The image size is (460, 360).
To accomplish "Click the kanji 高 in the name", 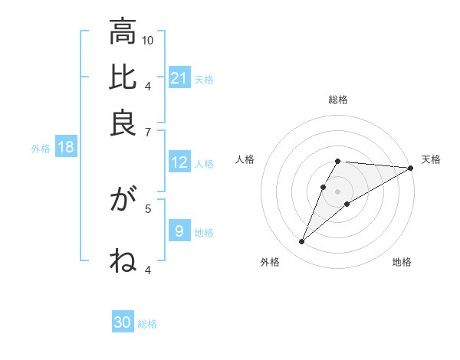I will [x=123, y=32].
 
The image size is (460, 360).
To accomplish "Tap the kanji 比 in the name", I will [x=123, y=78].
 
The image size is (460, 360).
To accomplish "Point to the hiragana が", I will [x=123, y=201].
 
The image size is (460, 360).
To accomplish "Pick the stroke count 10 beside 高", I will [x=148, y=40].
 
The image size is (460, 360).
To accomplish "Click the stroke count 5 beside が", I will [x=148, y=208].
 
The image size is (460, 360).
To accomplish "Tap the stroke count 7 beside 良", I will [x=148, y=133].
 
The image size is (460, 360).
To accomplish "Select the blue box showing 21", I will [x=179, y=78].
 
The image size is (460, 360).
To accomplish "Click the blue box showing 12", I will [x=179, y=162].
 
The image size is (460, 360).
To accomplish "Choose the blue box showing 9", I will [x=179, y=231].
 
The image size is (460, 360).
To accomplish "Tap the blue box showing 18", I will [x=66, y=147].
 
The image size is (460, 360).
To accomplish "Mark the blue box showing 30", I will [x=123, y=323].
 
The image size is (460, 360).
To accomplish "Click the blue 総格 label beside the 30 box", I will [x=147, y=324].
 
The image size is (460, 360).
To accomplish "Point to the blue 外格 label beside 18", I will [x=40, y=148].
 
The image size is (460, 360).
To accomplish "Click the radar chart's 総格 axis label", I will [x=338, y=100].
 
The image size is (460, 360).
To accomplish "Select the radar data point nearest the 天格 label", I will [x=411, y=168].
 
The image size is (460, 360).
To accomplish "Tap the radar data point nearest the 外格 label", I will [x=302, y=242].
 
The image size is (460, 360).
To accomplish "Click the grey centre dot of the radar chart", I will [x=338, y=190].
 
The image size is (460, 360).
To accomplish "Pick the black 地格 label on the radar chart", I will [x=402, y=263].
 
